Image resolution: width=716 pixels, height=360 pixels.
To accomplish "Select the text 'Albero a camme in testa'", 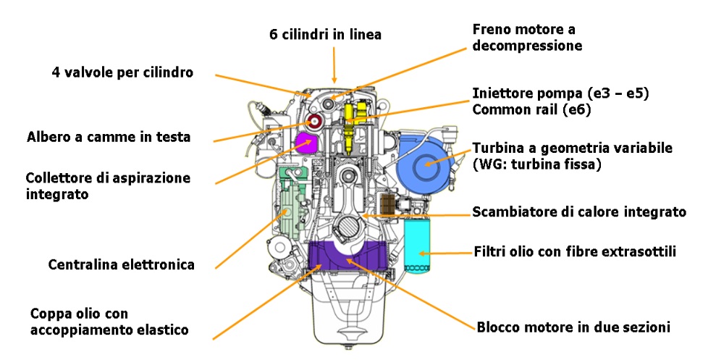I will coord(109,137).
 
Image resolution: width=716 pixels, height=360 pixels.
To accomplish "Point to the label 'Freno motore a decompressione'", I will coord(527,38).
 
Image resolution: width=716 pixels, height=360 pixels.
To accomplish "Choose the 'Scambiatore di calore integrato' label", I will coord(579,212).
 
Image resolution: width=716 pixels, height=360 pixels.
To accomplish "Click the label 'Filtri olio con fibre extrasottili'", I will coord(575,252).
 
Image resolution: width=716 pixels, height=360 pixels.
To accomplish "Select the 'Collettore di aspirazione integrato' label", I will coord(98,185).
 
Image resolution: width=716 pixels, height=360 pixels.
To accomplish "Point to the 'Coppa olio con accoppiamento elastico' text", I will coord(109,322).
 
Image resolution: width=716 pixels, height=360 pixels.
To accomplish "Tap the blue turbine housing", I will coord(424,164).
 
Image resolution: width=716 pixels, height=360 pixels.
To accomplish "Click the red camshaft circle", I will coord(314,123).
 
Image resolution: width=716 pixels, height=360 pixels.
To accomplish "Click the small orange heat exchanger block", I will coord(387,203).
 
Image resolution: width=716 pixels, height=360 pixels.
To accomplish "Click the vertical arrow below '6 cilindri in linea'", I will coord(334,64).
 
